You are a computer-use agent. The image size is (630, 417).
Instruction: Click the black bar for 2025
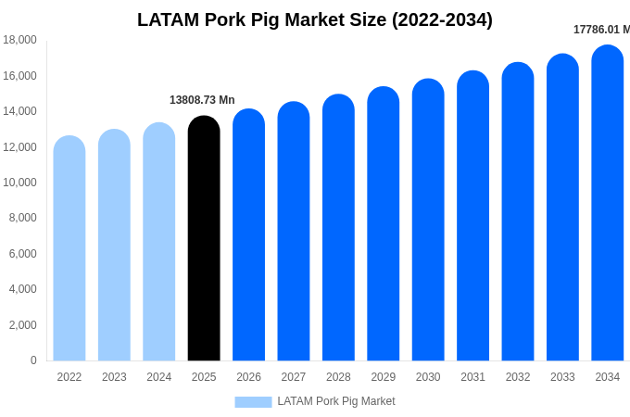[204, 239]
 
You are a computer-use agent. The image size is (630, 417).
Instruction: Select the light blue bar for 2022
[69, 248]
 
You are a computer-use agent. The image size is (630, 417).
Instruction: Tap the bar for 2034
[608, 204]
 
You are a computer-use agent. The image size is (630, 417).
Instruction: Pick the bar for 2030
[428, 221]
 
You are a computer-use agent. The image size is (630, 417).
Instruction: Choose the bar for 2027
[294, 232]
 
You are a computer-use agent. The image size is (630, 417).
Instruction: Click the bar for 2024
[159, 242]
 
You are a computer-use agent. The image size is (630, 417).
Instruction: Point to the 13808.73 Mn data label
[202, 100]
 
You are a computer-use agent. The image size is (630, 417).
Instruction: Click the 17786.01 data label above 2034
[600, 30]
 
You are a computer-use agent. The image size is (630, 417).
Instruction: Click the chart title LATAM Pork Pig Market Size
[315, 19]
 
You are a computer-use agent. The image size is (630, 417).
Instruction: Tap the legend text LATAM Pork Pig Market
[336, 401]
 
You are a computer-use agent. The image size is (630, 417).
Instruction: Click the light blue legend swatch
[253, 402]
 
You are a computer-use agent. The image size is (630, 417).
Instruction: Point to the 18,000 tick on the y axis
[19, 40]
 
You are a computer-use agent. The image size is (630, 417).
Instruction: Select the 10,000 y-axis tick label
[19, 183]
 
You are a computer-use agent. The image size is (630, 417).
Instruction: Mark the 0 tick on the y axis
[33, 360]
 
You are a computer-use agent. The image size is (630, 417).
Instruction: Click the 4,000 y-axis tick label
[22, 289]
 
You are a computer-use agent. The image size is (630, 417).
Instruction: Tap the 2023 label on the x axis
[114, 377]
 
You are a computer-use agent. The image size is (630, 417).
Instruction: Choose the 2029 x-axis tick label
[384, 377]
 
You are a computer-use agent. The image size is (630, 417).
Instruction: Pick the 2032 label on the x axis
[518, 377]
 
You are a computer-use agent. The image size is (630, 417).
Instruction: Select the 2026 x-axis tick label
[248, 377]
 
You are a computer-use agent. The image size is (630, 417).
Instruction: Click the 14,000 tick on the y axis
[19, 111]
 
